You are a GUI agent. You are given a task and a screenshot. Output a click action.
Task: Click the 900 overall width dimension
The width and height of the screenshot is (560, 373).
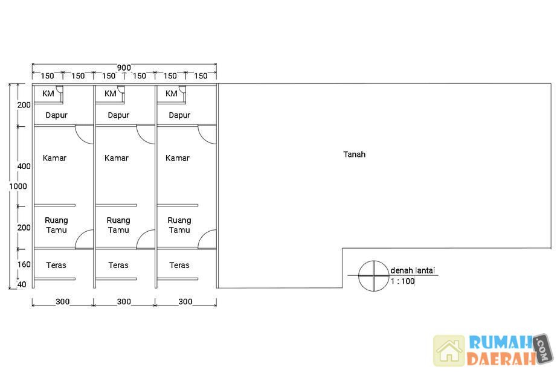[124, 68]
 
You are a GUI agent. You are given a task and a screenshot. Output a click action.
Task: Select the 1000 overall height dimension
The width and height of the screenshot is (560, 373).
[18, 186]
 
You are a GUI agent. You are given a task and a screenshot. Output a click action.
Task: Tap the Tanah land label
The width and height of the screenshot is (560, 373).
[354, 154]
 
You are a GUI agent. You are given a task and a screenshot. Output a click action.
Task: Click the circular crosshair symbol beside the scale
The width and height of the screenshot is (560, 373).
[373, 276]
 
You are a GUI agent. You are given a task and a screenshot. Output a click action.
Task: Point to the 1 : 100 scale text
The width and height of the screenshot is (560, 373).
[402, 281]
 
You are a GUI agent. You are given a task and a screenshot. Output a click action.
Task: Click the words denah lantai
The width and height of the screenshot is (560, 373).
[413, 270]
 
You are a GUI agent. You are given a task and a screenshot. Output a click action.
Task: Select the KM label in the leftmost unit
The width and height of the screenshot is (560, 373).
[48, 94]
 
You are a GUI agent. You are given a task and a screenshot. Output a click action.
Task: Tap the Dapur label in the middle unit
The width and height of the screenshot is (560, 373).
[118, 115]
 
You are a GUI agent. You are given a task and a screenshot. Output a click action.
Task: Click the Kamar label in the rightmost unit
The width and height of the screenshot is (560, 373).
[178, 158]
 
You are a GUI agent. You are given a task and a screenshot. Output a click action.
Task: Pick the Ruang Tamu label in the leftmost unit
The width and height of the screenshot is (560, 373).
[56, 225]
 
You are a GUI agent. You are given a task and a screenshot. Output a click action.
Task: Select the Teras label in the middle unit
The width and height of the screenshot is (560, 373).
[118, 265]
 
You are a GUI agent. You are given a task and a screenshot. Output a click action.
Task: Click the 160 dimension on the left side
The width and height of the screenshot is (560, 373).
[24, 264]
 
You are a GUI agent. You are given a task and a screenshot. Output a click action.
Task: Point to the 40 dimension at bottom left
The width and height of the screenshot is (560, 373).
[22, 284]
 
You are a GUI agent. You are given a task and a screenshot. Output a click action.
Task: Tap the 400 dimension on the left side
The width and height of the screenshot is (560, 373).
[24, 166]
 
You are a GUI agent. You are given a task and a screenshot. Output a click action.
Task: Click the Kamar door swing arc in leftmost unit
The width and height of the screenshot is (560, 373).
[82, 139]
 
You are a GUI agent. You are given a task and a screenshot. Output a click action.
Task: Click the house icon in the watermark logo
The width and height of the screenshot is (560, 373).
[449, 351]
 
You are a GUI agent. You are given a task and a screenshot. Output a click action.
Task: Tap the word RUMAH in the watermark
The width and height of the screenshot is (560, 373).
[501, 342]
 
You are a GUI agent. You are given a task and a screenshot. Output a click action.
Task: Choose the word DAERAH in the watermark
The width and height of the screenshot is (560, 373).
[501, 359]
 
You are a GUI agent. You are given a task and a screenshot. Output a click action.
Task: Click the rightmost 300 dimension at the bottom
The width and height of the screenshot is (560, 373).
[185, 302]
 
